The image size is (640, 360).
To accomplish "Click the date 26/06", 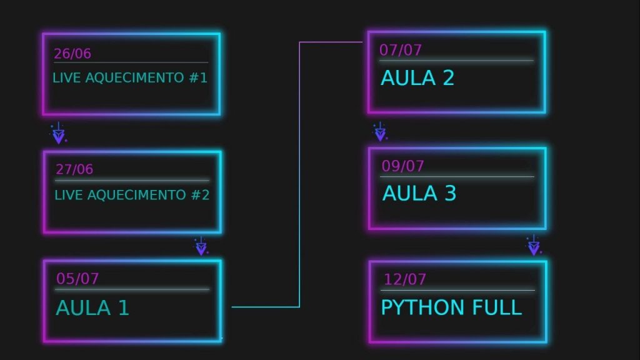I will [x=72, y=54].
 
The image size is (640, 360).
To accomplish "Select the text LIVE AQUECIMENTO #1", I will [x=130, y=79].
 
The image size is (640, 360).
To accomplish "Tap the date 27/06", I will [x=74, y=169].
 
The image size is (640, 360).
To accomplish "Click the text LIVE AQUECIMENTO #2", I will [x=132, y=195].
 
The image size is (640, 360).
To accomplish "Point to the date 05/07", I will [x=77, y=279].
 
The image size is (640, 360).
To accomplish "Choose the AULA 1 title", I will [x=92, y=308].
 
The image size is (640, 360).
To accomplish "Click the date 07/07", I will [x=401, y=50].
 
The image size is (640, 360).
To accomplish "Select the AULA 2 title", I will [x=417, y=78].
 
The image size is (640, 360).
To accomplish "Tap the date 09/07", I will [x=403, y=166].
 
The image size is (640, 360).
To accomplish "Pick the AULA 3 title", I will [x=419, y=194].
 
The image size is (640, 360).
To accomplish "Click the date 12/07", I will [x=405, y=279].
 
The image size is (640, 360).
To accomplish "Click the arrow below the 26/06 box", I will [x=58, y=134].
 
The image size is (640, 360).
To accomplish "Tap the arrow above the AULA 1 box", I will [x=201, y=246].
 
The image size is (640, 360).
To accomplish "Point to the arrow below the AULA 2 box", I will [x=379, y=132].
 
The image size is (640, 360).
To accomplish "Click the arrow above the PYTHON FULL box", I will [x=533, y=246].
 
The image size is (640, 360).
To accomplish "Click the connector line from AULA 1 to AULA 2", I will [x=299, y=175].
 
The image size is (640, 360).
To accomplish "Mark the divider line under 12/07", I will [x=457, y=291].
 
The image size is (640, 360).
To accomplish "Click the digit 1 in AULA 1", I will [x=123, y=308].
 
